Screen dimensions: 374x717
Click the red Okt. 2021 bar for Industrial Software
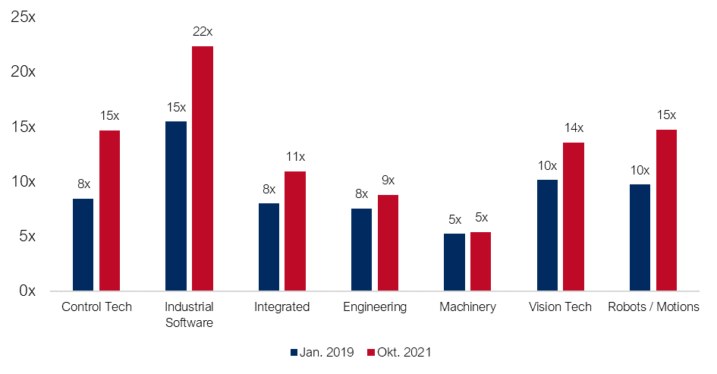pyautogui.click(x=203, y=168)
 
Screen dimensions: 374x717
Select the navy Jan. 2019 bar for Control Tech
pyautogui.click(x=83, y=244)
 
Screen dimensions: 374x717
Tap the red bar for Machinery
pyautogui.click(x=481, y=261)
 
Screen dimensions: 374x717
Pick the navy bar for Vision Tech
pyautogui.click(x=547, y=235)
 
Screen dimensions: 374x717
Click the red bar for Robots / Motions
pyautogui.click(x=666, y=210)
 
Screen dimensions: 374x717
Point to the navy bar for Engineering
pyautogui.click(x=362, y=250)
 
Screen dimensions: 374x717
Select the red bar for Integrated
pyautogui.click(x=295, y=231)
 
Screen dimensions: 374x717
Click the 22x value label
pyautogui.click(x=202, y=31)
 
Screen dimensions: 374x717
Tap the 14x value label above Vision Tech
pyautogui.click(x=574, y=127)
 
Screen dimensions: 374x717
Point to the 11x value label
pyautogui.click(x=295, y=157)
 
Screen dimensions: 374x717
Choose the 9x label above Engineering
pyautogui.click(x=388, y=181)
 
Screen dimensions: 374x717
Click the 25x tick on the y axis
pyautogui.click(x=24, y=17)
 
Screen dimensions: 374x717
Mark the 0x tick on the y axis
pyautogui.click(x=27, y=291)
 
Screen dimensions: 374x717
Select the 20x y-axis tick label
pyautogui.click(x=24, y=72)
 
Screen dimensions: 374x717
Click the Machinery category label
pyautogui.click(x=467, y=307)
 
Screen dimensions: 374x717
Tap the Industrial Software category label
pyautogui.click(x=189, y=315)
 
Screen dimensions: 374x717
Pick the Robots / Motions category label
pyautogui.click(x=654, y=307)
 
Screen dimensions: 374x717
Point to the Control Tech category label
pyautogui.click(x=96, y=307)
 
